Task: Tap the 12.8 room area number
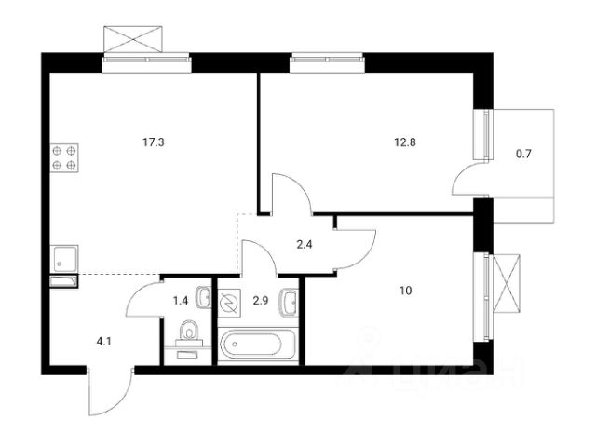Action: (x=403, y=143)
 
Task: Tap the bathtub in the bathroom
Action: (x=258, y=345)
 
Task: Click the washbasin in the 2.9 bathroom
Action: (x=289, y=300)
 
